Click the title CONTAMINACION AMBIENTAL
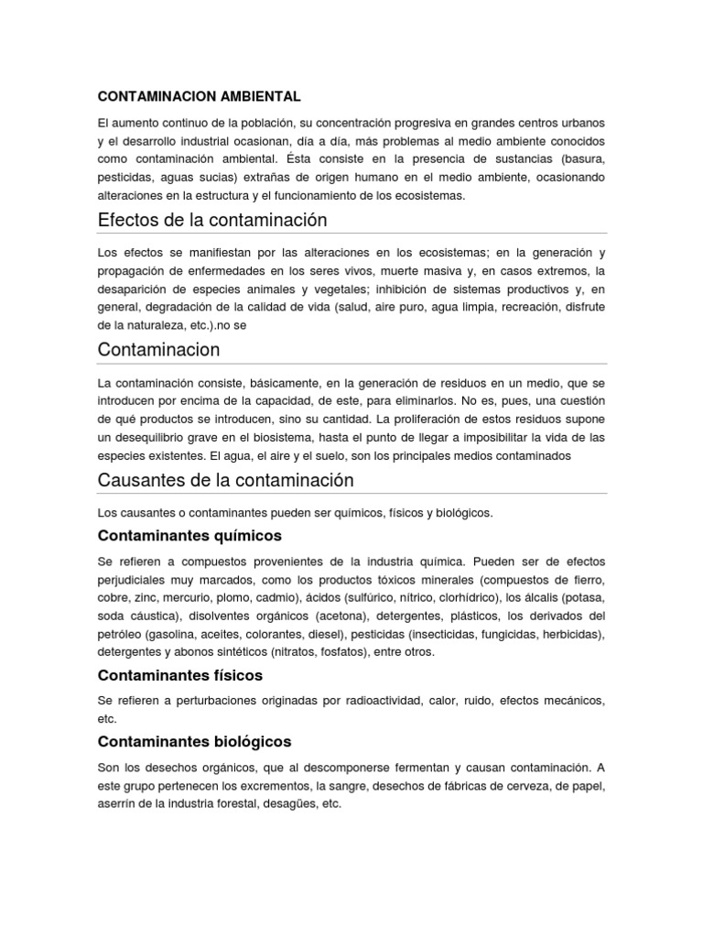coord(199,94)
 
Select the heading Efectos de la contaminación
coord(212,221)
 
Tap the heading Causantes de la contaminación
coord(225,480)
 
